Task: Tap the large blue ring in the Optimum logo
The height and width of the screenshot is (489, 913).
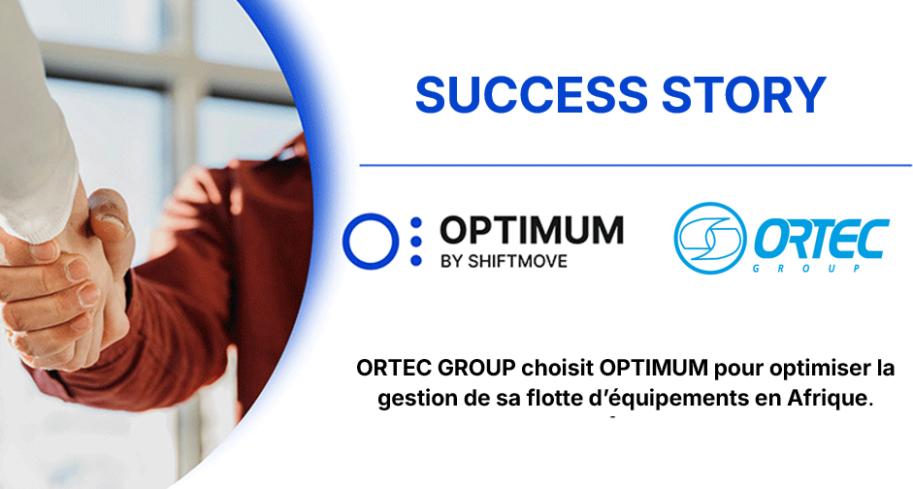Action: click(372, 242)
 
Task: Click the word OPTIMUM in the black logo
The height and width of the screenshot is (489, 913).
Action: click(531, 230)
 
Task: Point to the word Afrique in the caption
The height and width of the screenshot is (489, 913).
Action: click(817, 399)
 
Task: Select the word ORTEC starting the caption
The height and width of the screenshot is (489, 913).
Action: click(388, 370)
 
